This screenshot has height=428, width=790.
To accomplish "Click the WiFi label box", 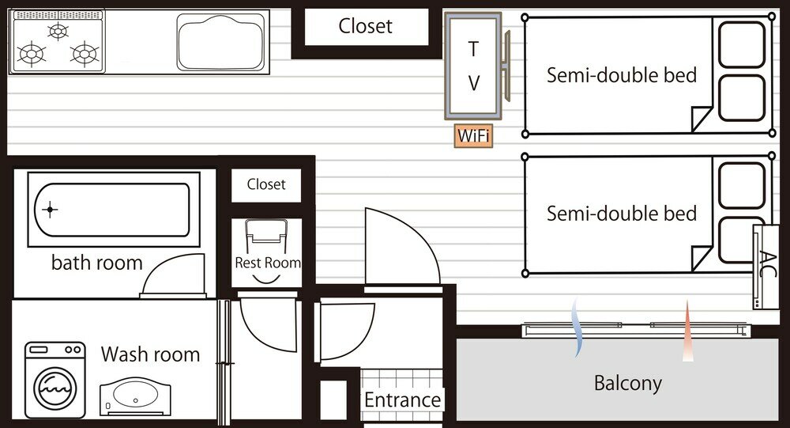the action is click(473, 136).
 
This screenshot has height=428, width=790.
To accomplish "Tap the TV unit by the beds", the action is click(473, 66).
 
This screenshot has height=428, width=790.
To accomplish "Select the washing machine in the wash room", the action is click(55, 380).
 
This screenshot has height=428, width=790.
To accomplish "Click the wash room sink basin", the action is click(135, 396).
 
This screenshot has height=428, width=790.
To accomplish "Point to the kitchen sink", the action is click(220, 43).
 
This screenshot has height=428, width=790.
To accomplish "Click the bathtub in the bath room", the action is click(112, 210).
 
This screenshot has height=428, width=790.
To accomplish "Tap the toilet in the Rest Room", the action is click(266, 237).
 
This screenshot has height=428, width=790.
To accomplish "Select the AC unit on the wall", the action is click(766, 267).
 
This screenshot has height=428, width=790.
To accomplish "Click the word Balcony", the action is click(628, 383).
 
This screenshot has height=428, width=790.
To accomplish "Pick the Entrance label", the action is click(403, 400).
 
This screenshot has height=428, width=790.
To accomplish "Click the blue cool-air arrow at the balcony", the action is click(577, 328).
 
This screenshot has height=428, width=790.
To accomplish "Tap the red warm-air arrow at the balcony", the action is click(688, 331).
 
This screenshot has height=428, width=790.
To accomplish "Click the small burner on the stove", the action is click(58, 32).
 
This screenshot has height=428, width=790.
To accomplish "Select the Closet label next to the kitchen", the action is click(365, 26).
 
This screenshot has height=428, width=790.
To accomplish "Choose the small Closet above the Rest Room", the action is click(266, 184).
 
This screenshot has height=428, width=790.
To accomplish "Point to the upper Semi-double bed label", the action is click(622, 75).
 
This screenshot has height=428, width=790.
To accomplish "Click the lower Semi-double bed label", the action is click(622, 214).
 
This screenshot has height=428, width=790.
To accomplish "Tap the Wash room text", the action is click(150, 354).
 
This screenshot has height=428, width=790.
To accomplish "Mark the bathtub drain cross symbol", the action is click(50, 210).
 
